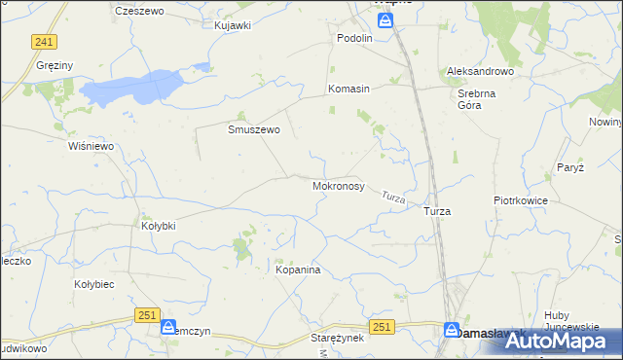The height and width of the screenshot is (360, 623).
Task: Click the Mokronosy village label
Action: pyautogui.click(x=338, y=185)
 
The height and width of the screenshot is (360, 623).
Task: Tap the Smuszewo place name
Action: pyautogui.click(x=254, y=128)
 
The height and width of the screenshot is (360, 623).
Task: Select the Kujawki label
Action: pyautogui.click(x=233, y=24)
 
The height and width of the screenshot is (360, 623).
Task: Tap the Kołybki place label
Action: pyautogui.click(x=158, y=226)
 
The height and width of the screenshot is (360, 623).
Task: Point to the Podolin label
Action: pyautogui.click(x=355, y=38)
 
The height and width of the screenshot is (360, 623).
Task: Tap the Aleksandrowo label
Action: pyautogui.click(x=480, y=72)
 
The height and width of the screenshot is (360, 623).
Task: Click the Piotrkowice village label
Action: pyautogui.click(x=521, y=200)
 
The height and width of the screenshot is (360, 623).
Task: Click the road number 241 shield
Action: pyautogui.click(x=43, y=42)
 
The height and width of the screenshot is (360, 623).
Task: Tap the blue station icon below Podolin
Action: pyautogui.click(x=386, y=20)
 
